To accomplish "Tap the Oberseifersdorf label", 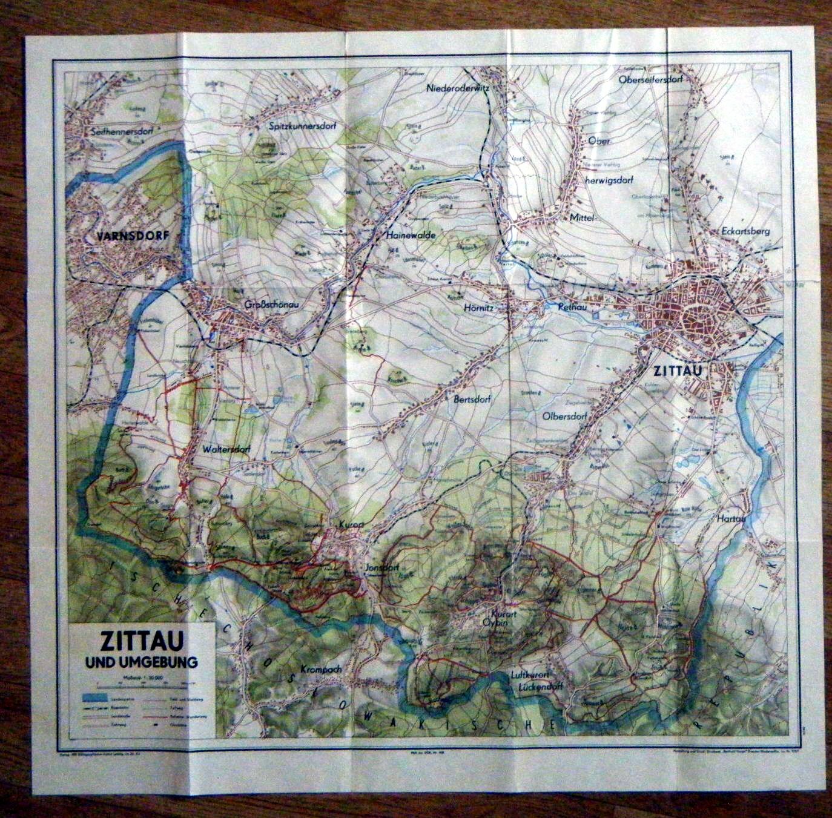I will [659, 79].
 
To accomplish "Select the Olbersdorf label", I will [567, 416].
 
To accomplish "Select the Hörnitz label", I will [478, 308].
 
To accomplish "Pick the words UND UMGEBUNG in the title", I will [142, 662].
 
